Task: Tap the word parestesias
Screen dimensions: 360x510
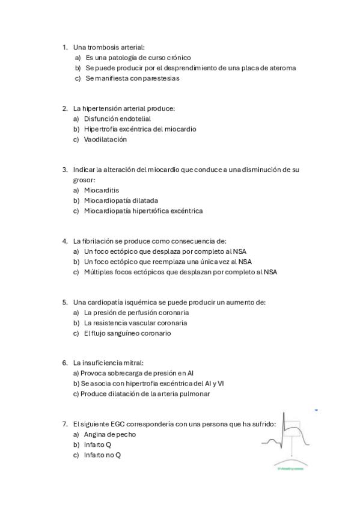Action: [158, 78]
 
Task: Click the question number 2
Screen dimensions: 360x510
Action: [64, 109]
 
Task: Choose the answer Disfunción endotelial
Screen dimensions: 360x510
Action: [117, 119]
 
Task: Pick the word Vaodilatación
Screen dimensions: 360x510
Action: [105, 140]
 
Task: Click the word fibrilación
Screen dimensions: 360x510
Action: [102, 241]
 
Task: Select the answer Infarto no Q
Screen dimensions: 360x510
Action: [102, 455]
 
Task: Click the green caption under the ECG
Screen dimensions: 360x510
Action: [290, 469]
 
